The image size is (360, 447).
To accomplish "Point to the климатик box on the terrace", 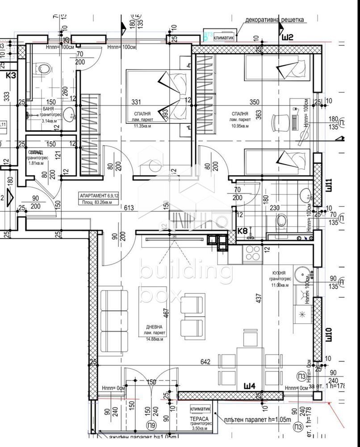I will (x=200, y=409).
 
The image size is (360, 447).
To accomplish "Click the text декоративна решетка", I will (x=275, y=20).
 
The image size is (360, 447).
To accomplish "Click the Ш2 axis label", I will (x=287, y=38).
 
